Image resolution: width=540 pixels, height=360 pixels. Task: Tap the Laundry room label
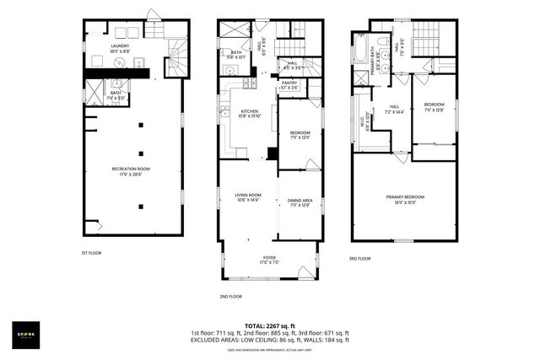(x=121, y=48)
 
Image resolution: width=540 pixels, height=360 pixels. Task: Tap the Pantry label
(x=289, y=84)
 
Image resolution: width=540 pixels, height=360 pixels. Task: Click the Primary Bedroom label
(x=405, y=200)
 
